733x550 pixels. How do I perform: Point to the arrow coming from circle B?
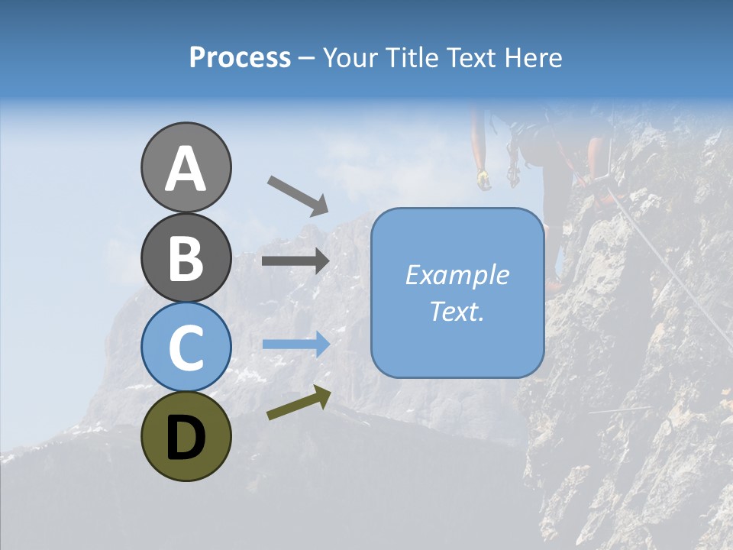[x=295, y=261]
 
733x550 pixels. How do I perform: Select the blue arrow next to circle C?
[x=295, y=344]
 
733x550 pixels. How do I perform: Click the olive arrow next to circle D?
[x=299, y=403]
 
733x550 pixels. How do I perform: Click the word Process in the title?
[x=240, y=57]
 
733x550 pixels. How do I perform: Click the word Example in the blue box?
[x=457, y=275]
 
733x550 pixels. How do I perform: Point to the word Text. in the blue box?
[x=457, y=311]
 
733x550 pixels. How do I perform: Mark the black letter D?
[x=186, y=437]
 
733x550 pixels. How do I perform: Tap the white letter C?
[x=186, y=348]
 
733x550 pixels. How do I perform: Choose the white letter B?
[x=186, y=258]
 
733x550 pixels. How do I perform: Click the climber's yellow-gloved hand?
[x=483, y=180]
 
